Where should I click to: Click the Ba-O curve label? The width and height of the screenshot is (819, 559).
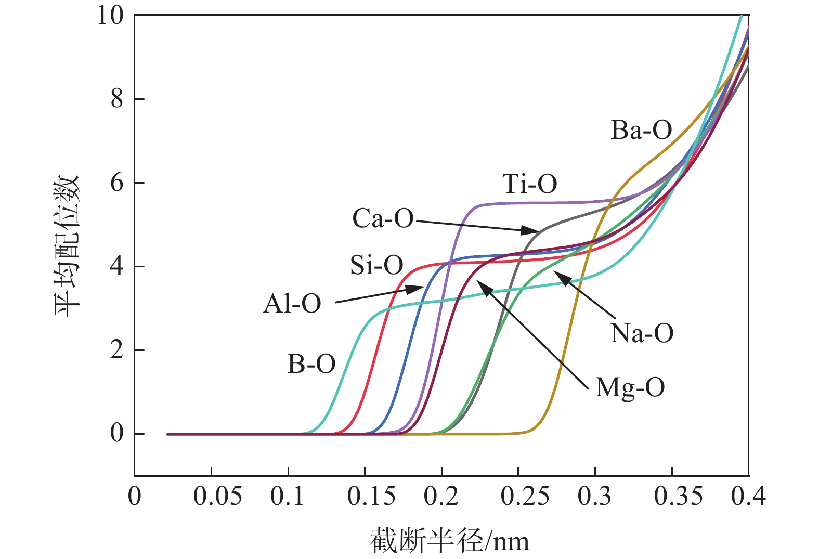tap(641, 130)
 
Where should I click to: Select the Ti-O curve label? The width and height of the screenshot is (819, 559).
tap(529, 184)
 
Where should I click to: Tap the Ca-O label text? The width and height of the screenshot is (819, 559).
tap(383, 219)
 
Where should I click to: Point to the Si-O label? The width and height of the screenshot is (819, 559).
tap(376, 266)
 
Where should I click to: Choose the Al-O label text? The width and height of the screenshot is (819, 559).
tap(292, 304)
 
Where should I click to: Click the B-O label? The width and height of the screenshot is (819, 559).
tap(311, 365)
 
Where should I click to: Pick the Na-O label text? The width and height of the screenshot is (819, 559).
tap(642, 333)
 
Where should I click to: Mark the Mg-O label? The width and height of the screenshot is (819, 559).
tap(630, 388)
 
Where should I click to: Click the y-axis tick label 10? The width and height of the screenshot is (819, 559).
tap(110, 16)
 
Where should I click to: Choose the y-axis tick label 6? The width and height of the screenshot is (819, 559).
tap(117, 183)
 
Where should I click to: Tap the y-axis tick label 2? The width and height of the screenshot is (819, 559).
tap(117, 350)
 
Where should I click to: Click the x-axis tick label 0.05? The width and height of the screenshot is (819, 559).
tap(217, 497)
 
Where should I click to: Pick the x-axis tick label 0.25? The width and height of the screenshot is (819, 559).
tap(525, 497)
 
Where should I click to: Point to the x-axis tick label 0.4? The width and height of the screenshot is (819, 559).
tap(748, 497)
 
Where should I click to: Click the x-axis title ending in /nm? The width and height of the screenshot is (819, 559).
tap(449, 541)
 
